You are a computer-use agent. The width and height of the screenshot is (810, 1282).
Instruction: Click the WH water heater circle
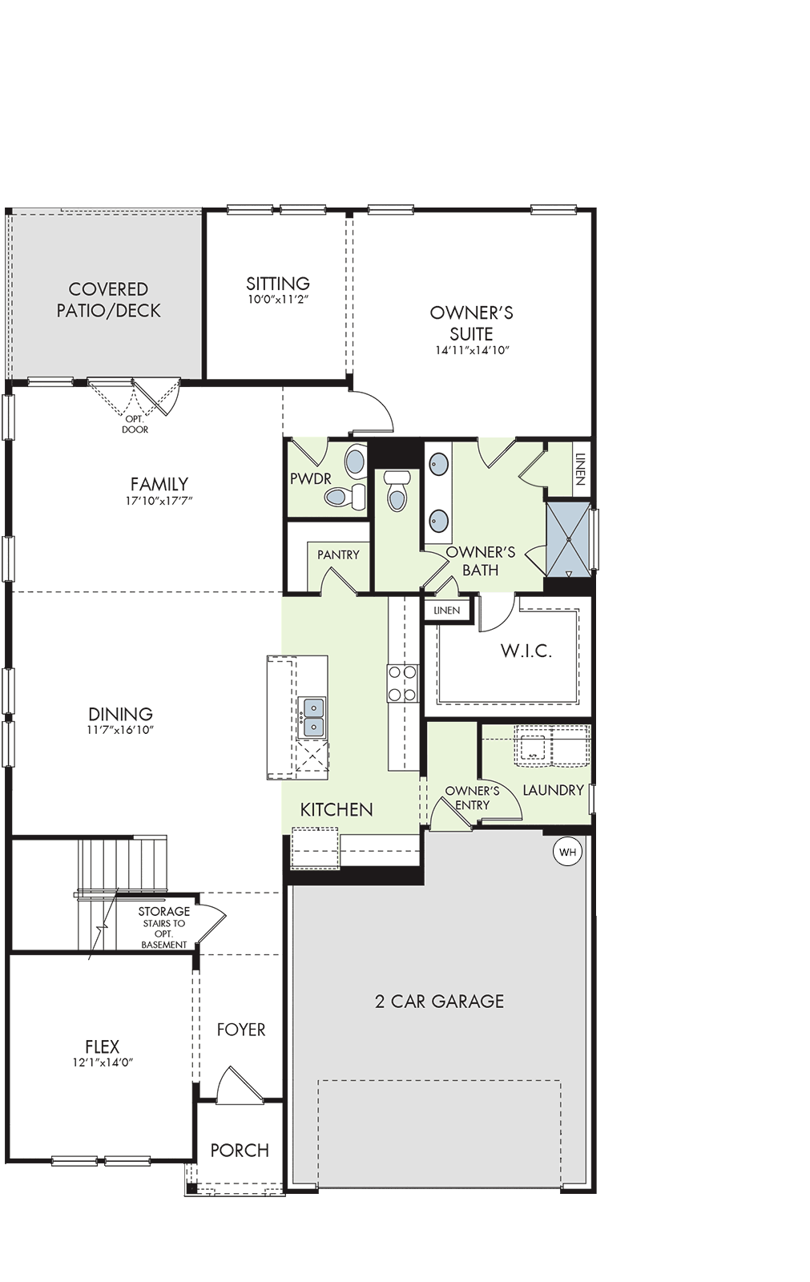(567, 853)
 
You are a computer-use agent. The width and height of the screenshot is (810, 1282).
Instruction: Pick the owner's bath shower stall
(568, 540)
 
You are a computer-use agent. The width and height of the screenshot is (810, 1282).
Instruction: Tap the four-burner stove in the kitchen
(402, 683)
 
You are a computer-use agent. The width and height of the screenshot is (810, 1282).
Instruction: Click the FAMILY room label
(159, 484)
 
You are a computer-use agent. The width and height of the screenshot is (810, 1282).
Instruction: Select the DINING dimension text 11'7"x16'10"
(121, 730)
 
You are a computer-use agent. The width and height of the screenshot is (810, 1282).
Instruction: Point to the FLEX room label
(102, 1046)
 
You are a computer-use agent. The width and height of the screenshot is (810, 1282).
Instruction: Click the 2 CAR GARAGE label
(440, 1001)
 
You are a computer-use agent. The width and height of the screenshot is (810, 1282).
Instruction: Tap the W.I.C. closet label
(526, 651)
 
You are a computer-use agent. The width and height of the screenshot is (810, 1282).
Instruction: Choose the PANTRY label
(338, 554)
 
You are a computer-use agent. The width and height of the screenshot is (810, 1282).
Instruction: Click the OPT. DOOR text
(135, 425)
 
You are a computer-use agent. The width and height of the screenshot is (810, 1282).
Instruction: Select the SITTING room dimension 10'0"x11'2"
(278, 299)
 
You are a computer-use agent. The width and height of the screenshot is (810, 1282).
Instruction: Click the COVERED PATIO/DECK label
(109, 300)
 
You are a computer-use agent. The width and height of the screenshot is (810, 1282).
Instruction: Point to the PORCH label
(240, 1151)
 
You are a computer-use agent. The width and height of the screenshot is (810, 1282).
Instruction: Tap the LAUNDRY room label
(554, 790)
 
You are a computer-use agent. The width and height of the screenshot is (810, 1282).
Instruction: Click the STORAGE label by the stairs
(164, 911)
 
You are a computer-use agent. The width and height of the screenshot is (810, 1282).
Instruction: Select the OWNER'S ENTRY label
(472, 798)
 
